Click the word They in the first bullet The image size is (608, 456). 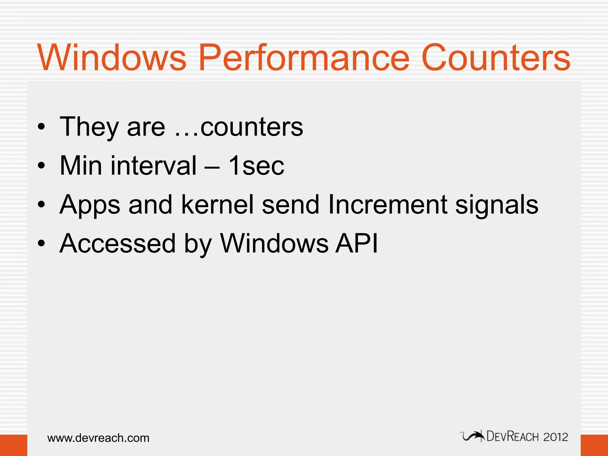pyautogui.click(x=89, y=127)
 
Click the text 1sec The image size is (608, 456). pyautogui.click(x=256, y=166)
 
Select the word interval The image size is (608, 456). pyautogui.click(x=153, y=165)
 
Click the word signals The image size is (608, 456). pyautogui.click(x=497, y=205)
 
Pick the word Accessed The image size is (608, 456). pyautogui.click(x=118, y=243)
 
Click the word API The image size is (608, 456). pyautogui.click(x=357, y=243)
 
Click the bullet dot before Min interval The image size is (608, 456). pyautogui.click(x=42, y=166)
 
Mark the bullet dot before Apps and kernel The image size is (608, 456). pyautogui.click(x=42, y=205)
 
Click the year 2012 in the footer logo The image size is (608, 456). pyautogui.click(x=555, y=437)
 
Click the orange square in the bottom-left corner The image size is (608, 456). pyautogui.click(x=13, y=445)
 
